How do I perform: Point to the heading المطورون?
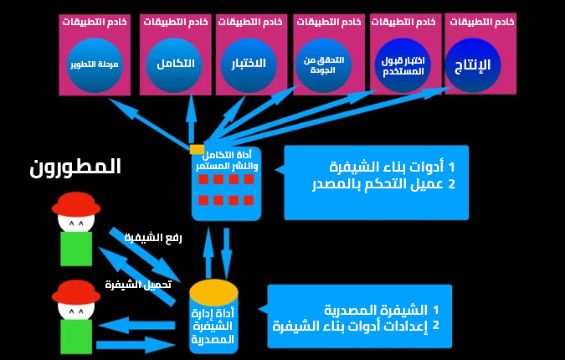pos(75,167)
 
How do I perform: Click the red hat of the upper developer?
pos(76,203)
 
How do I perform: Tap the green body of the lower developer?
pos(76,335)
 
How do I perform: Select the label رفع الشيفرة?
pos(153,238)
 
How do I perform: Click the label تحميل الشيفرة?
pos(138,285)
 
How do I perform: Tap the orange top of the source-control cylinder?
pos(213,291)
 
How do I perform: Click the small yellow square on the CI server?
pos(198,149)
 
